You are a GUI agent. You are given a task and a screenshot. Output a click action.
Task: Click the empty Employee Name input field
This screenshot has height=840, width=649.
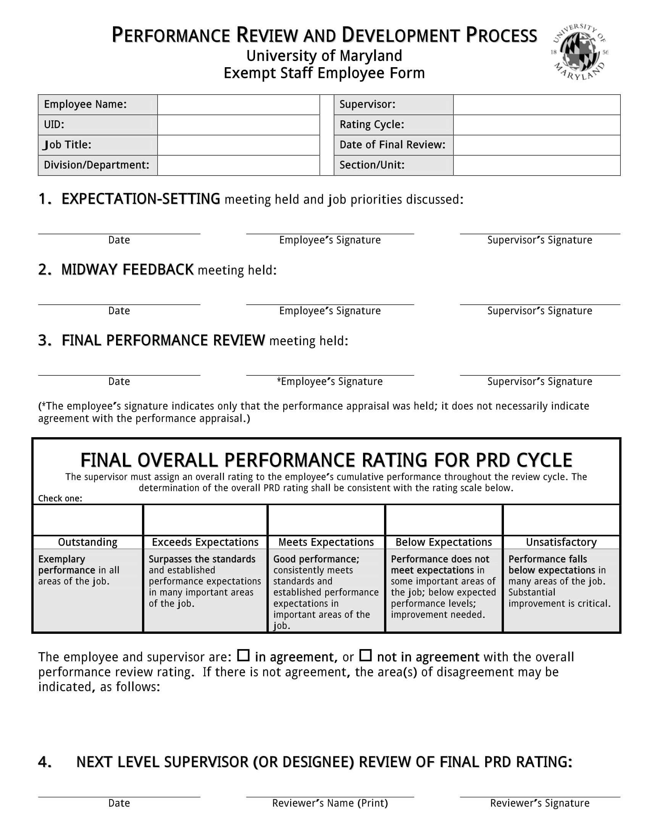pos(238,105)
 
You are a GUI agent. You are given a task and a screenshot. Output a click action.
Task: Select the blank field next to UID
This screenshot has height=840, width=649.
pos(238,125)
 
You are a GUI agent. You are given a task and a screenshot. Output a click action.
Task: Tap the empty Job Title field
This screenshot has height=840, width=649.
pos(238,145)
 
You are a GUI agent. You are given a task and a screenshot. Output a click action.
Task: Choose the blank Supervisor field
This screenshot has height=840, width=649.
pos(536,105)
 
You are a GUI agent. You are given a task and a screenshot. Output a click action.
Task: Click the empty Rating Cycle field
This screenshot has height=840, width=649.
pos(536,125)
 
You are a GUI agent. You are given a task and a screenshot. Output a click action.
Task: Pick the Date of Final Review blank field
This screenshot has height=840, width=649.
pos(536,145)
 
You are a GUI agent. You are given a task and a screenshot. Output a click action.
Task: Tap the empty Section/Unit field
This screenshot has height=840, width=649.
pos(536,165)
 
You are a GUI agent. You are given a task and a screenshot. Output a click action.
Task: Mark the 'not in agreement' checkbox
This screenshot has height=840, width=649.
pos(366,655)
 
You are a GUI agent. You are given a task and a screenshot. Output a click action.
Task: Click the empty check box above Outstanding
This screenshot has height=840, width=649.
pos(88,520)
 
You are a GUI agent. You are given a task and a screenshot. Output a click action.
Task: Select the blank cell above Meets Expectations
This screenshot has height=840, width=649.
pos(326,520)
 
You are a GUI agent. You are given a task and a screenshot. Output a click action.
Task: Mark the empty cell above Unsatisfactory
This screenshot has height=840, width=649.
pos(561,520)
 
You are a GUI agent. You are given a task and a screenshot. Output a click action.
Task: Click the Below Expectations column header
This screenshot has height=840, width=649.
pos(444,542)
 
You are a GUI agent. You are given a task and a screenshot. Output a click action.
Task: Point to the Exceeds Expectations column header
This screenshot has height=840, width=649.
pos(205,542)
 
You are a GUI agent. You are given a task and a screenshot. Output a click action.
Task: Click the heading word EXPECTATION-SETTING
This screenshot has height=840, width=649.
pos(141,199)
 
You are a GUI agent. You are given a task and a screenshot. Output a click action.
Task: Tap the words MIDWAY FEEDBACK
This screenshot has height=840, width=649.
pos(127,270)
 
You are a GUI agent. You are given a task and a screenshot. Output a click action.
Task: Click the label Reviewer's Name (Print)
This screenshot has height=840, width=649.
pos(330,803)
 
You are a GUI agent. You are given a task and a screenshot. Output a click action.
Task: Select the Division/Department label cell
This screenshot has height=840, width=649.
pos(97,165)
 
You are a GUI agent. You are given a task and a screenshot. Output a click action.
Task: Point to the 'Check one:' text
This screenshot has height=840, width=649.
pos(60,498)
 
